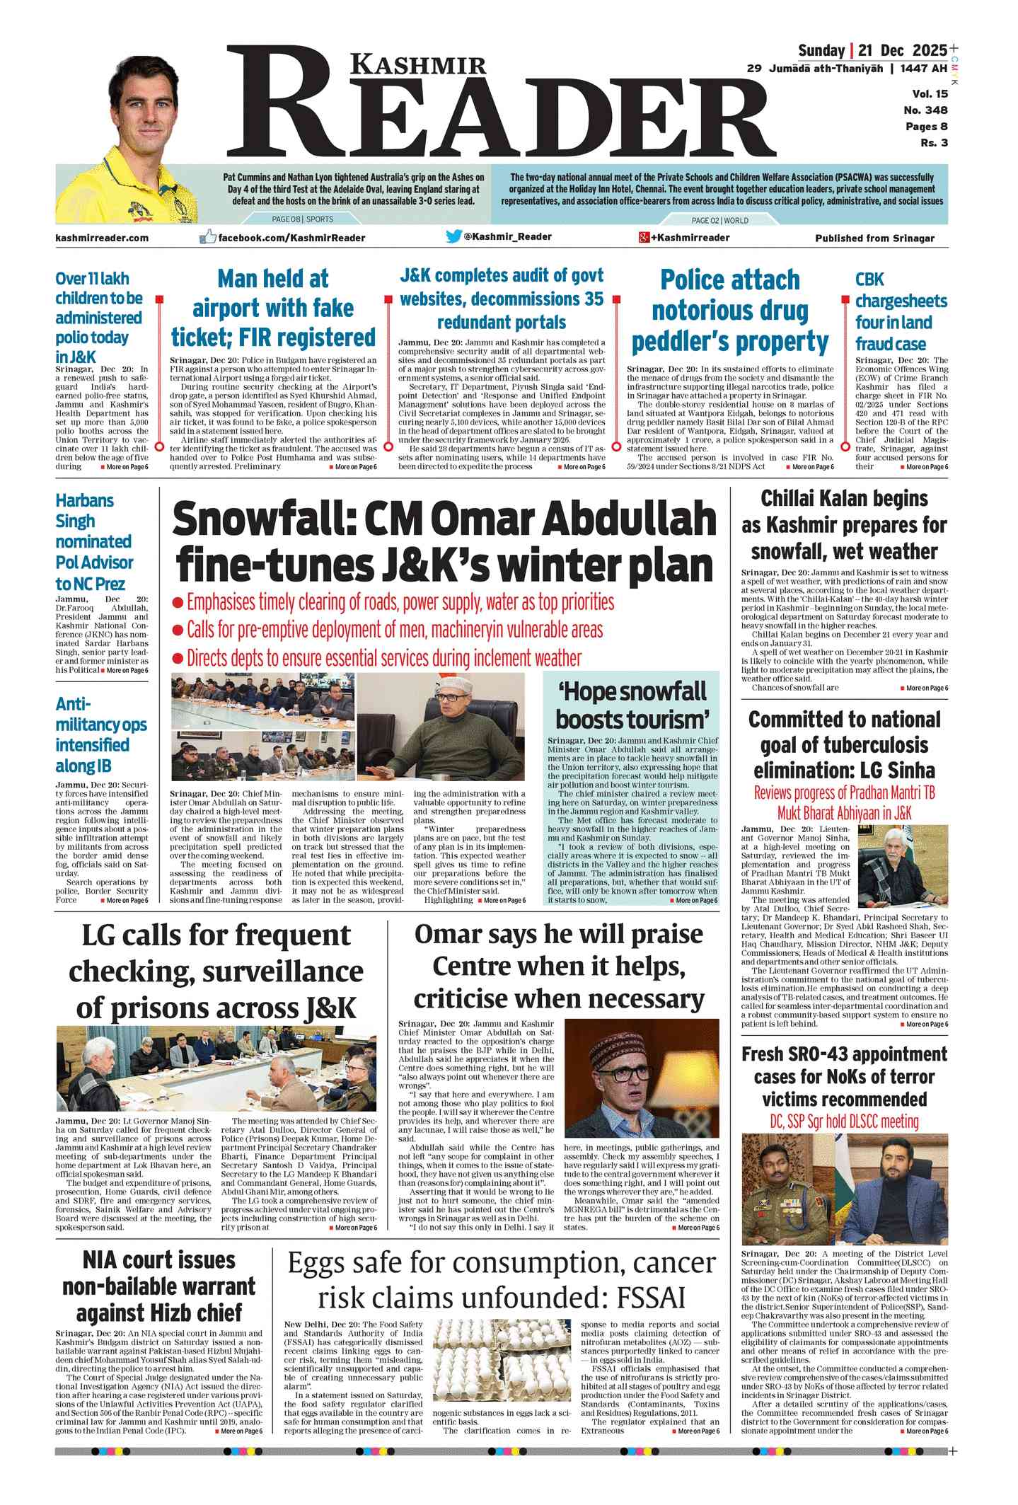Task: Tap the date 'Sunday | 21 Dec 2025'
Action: [x=872, y=50]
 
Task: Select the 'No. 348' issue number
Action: [x=925, y=110]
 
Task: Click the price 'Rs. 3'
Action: [x=934, y=143]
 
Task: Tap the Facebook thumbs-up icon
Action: [x=207, y=237]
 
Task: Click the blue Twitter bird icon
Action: [x=453, y=237]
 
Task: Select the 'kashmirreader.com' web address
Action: [x=102, y=238]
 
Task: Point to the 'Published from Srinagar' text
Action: [x=874, y=238]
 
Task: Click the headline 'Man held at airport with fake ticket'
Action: [x=273, y=308]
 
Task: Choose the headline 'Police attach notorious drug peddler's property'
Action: [x=729, y=311]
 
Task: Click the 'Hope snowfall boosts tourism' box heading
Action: [x=632, y=705]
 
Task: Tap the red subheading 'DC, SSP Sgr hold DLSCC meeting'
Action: [x=844, y=1121]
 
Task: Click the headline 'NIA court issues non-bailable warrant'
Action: [x=158, y=1286]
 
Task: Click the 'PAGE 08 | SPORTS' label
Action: [x=303, y=219]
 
